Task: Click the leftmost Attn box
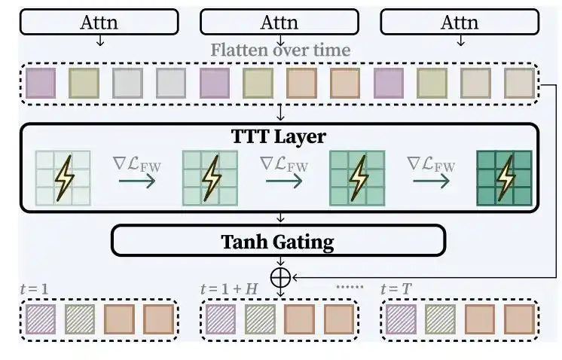click(x=99, y=22)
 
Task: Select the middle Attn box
click(x=279, y=22)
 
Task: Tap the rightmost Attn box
click(x=460, y=22)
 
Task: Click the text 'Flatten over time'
click(x=280, y=50)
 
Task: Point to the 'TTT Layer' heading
click(x=279, y=136)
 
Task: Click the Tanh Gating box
click(x=279, y=240)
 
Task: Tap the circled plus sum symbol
click(x=280, y=278)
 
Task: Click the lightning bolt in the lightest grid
click(x=64, y=178)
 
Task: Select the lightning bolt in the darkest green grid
click(x=505, y=178)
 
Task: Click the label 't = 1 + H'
click(x=229, y=288)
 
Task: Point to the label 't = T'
click(x=396, y=288)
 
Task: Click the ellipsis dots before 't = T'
click(x=350, y=287)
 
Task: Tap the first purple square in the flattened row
click(x=41, y=83)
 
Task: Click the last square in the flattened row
click(x=519, y=83)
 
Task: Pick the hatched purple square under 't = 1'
click(x=41, y=319)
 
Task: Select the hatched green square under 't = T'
click(x=441, y=319)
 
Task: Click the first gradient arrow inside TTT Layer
click(x=137, y=182)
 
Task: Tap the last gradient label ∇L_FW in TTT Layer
click(x=431, y=165)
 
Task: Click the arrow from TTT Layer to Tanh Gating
click(x=281, y=218)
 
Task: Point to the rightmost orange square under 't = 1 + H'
click(x=339, y=319)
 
